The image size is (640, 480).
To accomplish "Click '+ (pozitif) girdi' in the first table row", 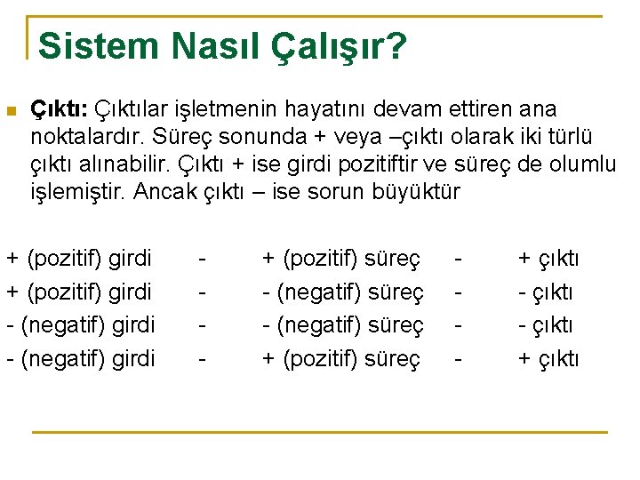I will point(79,259).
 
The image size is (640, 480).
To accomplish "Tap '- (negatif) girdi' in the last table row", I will point(80,358).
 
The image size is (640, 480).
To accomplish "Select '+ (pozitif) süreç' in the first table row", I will point(340,259).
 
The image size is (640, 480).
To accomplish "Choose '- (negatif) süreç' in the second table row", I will point(342,292).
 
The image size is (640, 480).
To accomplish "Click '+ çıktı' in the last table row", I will point(548,358).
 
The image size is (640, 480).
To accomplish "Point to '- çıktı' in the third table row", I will point(546,325).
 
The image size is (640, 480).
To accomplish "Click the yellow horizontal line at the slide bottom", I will point(320,432).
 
